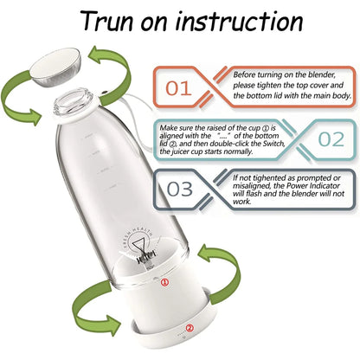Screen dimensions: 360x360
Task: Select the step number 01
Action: (179, 87)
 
